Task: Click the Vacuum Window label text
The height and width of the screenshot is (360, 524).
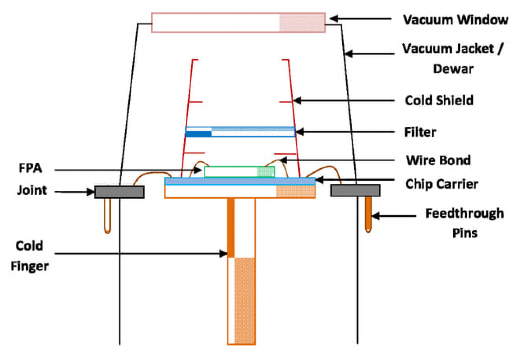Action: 455,20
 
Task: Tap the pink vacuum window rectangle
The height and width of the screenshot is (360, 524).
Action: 238,23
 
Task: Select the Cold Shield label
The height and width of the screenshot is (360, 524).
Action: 439,100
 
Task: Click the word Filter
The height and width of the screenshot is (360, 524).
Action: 420,132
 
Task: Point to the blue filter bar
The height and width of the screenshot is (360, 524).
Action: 240,132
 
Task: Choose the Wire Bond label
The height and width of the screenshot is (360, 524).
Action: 438,160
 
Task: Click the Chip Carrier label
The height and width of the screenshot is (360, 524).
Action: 441,184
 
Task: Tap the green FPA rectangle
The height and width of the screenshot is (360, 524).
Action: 239,171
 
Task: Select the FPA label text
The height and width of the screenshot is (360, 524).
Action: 30,168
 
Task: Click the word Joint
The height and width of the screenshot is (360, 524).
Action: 32,190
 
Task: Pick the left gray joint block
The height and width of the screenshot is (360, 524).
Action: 119,192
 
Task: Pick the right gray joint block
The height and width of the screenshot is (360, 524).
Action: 355,190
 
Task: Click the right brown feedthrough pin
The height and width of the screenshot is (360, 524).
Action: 368,214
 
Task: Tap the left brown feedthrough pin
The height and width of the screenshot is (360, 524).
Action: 107,216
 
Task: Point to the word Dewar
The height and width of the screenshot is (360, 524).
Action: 453,69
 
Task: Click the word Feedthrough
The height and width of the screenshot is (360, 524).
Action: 464,213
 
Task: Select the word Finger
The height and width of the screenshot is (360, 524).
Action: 29,266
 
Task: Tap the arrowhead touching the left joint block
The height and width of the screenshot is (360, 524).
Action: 91,192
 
